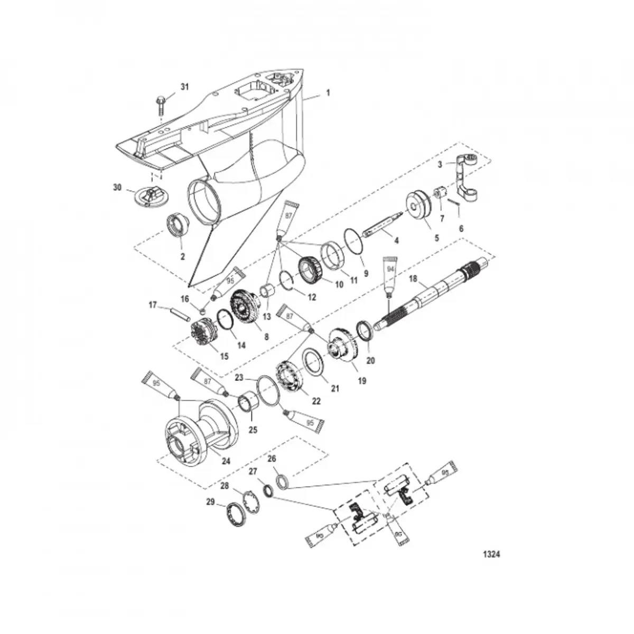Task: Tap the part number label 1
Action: point(328,93)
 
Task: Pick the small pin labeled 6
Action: point(453,204)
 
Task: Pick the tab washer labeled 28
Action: point(251,499)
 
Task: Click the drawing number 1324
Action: point(491,555)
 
